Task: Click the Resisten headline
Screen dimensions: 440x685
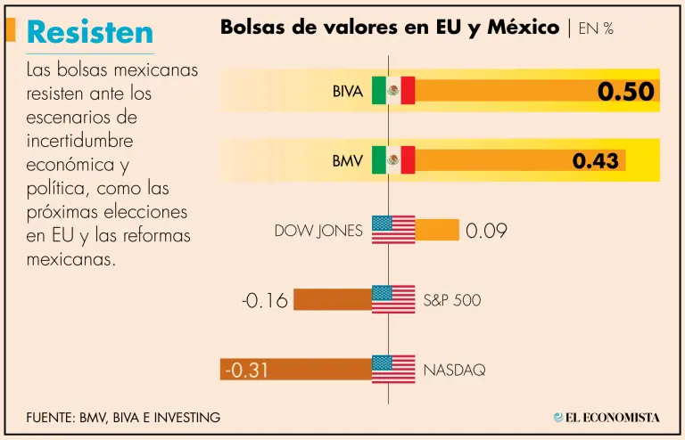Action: coord(90,32)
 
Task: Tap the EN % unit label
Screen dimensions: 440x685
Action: coord(596,29)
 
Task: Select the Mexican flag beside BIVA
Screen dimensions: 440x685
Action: coord(393,90)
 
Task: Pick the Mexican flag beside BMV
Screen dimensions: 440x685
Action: coord(393,160)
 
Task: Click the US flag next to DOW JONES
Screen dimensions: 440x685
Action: coord(393,230)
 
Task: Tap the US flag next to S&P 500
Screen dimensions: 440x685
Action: coord(393,299)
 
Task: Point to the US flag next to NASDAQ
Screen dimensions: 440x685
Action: coord(393,369)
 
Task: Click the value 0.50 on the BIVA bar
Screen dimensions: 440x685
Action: coord(626,91)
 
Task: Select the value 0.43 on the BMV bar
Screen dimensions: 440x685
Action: coord(595,161)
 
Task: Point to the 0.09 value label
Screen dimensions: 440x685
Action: coord(486,231)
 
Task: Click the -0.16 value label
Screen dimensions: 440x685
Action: coord(265,300)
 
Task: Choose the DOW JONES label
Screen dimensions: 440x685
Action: coord(318,231)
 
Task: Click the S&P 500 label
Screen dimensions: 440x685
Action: coord(451,300)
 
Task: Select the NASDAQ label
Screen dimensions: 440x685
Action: coord(454,370)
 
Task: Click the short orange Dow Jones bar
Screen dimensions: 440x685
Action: coord(437,230)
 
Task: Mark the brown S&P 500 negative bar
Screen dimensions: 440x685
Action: coord(332,299)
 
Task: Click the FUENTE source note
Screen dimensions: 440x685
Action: coord(123,417)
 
